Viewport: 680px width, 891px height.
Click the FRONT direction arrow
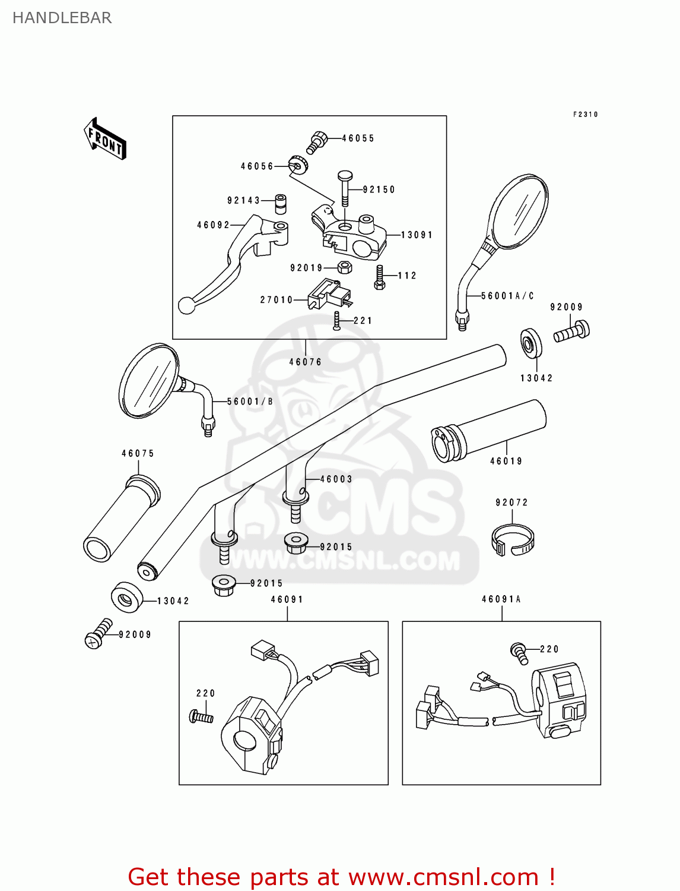point(105,139)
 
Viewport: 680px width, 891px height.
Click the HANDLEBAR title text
point(62,18)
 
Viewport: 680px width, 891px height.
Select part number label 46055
point(358,138)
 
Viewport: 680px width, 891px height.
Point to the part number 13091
point(417,235)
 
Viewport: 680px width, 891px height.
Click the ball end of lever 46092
point(187,305)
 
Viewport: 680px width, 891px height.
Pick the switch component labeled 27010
point(328,294)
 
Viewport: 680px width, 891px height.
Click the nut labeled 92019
point(345,267)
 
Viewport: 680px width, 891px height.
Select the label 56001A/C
point(507,296)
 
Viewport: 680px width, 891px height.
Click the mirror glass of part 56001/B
point(148,381)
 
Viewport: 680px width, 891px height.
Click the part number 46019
point(506,461)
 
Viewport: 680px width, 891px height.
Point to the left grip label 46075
point(138,453)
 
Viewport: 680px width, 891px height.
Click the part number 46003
point(336,479)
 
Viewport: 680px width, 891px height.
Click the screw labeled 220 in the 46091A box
point(519,653)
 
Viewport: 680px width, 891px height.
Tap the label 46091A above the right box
point(501,599)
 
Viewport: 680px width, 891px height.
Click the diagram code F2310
point(585,114)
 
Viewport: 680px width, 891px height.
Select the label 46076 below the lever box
point(305,362)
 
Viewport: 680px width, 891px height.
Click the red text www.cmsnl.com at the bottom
point(443,877)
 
